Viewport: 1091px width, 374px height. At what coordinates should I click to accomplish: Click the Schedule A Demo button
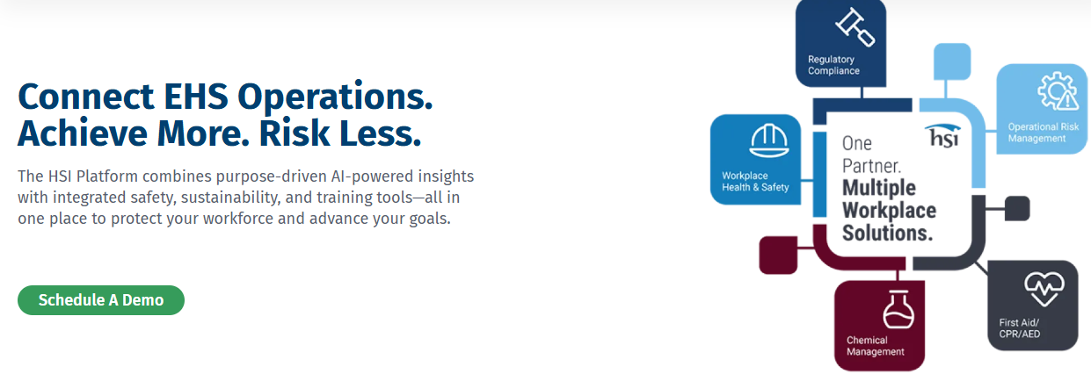(x=101, y=300)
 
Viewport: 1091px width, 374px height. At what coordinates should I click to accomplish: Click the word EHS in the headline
(x=196, y=97)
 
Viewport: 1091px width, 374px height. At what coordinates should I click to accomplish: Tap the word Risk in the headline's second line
(x=295, y=133)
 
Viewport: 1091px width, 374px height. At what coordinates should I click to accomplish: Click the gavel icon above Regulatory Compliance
(x=855, y=28)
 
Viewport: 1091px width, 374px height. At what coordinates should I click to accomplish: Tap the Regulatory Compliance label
(x=833, y=65)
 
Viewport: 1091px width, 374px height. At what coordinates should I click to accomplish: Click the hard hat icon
(x=769, y=141)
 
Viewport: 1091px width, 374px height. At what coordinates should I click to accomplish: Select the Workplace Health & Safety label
(x=755, y=182)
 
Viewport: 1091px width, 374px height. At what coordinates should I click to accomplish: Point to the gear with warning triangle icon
(x=1058, y=91)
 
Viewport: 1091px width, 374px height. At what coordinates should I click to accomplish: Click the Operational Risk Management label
(x=1044, y=133)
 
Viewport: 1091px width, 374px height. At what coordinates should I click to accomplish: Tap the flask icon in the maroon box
(x=898, y=309)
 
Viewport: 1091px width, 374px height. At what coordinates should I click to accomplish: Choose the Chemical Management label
(x=876, y=346)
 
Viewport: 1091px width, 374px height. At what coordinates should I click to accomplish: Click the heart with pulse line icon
(x=1044, y=289)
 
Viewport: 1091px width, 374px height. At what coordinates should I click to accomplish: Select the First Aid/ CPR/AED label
(x=1020, y=328)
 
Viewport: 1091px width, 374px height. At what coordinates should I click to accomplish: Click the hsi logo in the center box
(x=943, y=135)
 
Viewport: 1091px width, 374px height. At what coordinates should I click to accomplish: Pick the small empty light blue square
(x=952, y=61)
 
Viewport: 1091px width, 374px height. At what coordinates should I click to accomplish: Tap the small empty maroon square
(x=778, y=255)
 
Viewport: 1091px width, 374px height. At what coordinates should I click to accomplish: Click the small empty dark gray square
(x=1017, y=209)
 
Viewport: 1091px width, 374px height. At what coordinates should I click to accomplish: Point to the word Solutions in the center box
(x=887, y=233)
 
